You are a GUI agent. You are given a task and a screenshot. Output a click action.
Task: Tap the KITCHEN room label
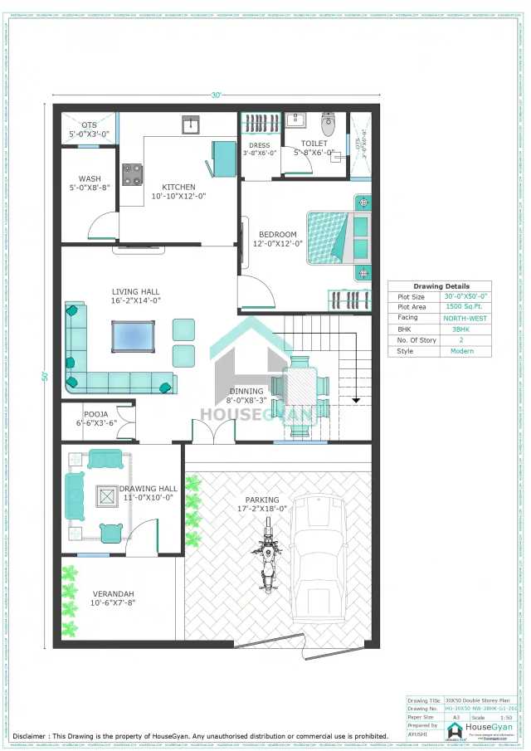click(178, 187)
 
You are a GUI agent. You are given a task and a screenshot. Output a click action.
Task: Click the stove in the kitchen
click(133, 174)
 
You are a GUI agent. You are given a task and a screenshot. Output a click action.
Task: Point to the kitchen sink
click(191, 125)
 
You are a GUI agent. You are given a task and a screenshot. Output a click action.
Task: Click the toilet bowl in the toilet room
click(329, 125)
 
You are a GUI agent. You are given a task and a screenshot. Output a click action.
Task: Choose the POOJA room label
click(95, 413)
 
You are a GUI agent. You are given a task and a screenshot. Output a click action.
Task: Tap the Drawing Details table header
click(441, 286)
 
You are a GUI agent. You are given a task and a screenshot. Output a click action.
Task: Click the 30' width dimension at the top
click(217, 95)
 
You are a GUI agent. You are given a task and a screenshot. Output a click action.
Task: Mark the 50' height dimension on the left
click(45, 376)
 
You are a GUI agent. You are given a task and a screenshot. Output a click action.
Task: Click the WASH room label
click(90, 178)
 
